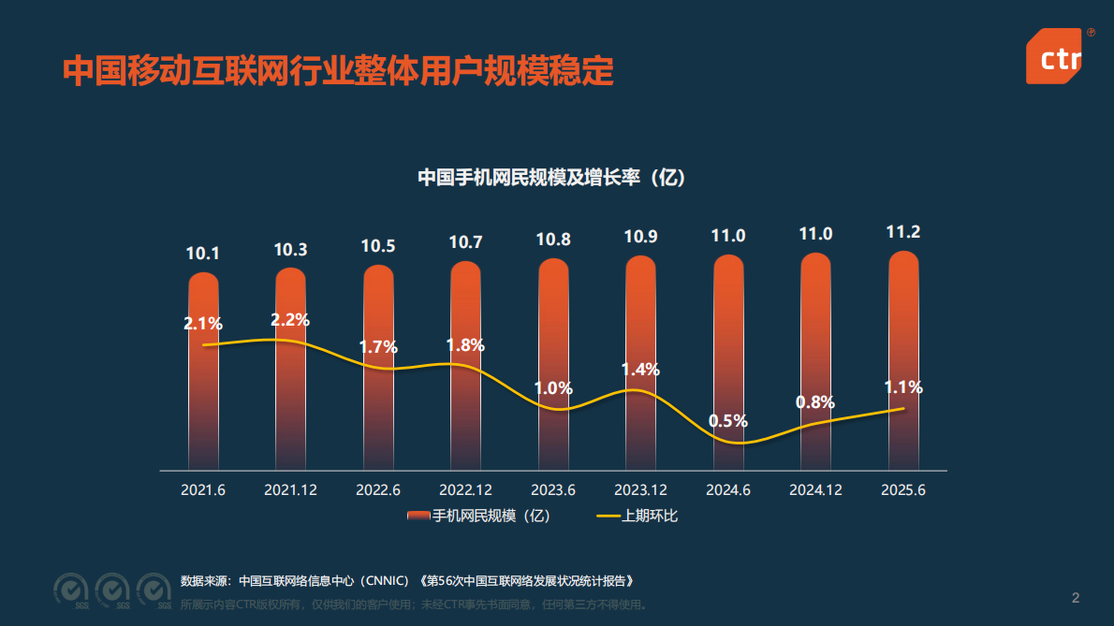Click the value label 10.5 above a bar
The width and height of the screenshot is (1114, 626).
point(378,246)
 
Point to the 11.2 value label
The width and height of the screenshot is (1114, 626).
point(903,232)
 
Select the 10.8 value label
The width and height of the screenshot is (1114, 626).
point(553,240)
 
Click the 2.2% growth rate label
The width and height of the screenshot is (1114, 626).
point(290,320)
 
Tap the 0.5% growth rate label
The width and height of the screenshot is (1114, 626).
point(727,421)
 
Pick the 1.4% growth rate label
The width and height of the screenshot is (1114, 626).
point(640,370)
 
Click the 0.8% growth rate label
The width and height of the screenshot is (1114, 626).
point(815,402)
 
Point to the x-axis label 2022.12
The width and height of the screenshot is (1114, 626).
point(465,489)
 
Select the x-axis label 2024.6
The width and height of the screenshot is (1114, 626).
point(728,489)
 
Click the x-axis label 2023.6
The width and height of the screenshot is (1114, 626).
point(553,489)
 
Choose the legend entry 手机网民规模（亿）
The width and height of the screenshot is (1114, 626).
point(479,516)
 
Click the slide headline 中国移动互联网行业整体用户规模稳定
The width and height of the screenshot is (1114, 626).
point(338,70)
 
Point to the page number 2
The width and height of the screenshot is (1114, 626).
point(1076,598)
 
